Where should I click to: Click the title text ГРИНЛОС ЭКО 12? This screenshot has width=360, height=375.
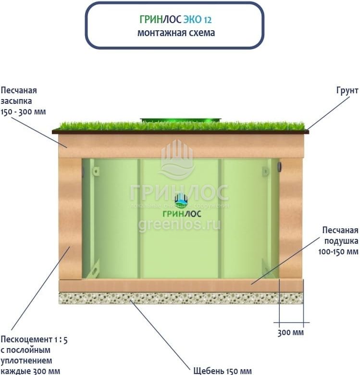(175, 20)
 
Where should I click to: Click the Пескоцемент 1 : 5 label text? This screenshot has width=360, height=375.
(34, 339)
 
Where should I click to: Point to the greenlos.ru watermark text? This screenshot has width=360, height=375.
(179, 224)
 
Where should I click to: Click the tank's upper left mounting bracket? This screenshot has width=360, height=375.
(96, 171)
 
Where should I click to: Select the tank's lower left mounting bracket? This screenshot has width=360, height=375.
(95, 267)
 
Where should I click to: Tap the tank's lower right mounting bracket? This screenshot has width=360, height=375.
(266, 266)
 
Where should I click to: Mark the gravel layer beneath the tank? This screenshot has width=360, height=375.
(181, 298)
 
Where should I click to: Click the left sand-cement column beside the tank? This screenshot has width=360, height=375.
(70, 219)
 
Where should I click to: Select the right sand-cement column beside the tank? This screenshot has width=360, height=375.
(291, 219)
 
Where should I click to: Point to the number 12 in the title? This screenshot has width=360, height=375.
(207, 20)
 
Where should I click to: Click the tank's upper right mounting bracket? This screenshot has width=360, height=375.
(265, 171)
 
